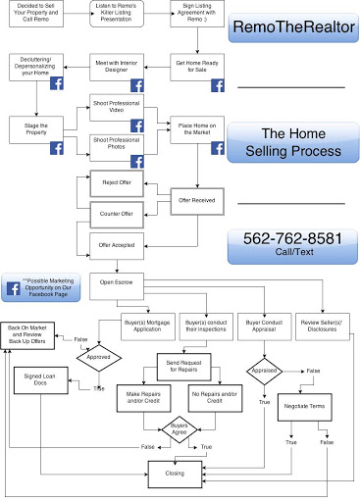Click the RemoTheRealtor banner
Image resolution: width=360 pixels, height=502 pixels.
(x=290, y=26)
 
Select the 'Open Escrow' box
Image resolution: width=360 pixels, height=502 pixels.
(x=117, y=279)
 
